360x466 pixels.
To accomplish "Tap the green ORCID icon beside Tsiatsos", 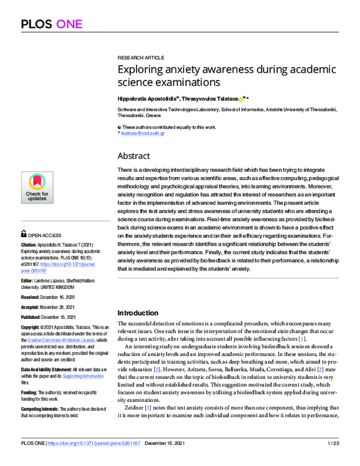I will click(241, 98).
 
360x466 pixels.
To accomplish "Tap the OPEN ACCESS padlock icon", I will click(23, 233).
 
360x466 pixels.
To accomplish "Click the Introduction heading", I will click(137, 313).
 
